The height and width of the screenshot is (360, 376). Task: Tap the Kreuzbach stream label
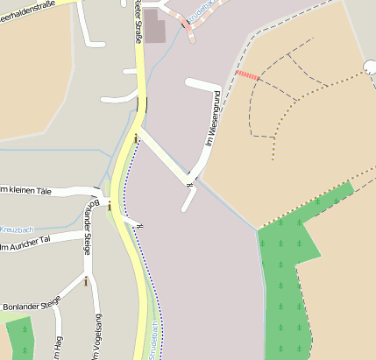coord(16,229)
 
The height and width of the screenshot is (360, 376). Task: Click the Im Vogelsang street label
coord(96,337)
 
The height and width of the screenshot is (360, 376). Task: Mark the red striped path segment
coord(248,76)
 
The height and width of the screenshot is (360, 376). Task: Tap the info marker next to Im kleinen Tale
coord(110,207)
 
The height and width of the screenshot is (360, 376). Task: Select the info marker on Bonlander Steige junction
coord(86,281)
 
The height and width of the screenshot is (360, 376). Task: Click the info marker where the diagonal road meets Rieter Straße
coord(136,138)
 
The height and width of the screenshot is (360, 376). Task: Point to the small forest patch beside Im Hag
coord(20,337)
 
